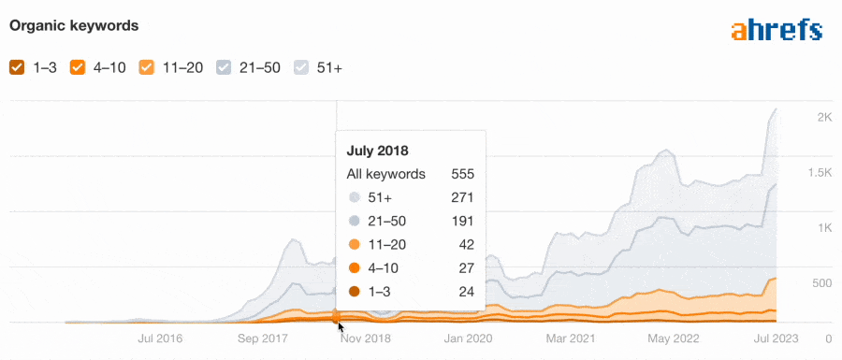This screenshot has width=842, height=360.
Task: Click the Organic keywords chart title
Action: coord(74,26)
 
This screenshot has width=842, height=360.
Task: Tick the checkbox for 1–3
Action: coord(17,67)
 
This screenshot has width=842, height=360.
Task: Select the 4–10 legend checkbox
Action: coord(79,67)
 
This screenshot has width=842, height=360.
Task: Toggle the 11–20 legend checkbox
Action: coord(147,67)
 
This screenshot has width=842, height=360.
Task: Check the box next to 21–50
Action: coord(224,67)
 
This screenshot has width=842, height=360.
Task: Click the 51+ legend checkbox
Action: coord(300,67)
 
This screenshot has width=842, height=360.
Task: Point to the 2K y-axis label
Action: coord(798,118)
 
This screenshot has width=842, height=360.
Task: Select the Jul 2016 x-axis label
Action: coord(159,338)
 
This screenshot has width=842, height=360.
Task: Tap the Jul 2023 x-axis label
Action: coord(776,338)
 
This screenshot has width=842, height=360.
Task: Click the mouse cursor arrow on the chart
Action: coord(341,326)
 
